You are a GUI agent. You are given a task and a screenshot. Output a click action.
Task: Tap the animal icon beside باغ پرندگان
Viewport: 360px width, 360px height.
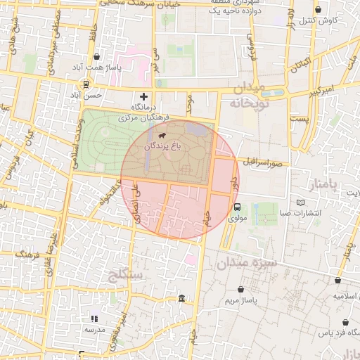point(162,135)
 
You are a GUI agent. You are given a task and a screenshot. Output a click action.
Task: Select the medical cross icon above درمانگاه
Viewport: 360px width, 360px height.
point(144,96)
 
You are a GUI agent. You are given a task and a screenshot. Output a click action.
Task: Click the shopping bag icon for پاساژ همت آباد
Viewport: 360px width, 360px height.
point(96,57)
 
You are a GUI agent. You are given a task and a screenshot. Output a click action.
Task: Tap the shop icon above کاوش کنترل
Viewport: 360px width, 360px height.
point(319,10)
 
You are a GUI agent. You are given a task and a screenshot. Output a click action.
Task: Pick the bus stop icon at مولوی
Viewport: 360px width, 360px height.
point(237,207)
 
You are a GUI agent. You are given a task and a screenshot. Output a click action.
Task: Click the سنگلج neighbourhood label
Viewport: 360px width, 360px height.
point(127,273)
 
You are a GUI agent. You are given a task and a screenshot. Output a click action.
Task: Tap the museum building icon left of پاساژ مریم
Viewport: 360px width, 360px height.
point(182,300)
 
